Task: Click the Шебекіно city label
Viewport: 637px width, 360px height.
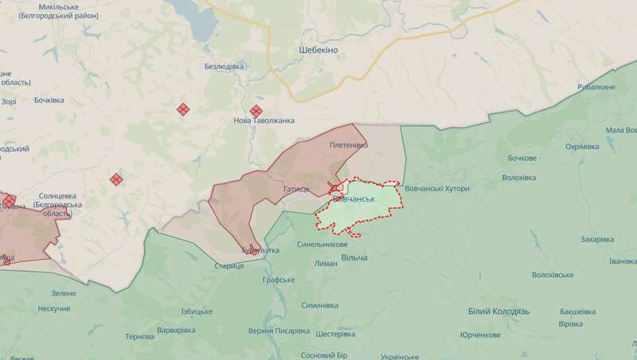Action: tap(318, 50)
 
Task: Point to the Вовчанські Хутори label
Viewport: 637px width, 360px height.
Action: tap(438, 189)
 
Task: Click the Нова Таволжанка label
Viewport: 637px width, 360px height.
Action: tap(264, 120)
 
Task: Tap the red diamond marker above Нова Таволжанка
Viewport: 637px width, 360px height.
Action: tap(256, 111)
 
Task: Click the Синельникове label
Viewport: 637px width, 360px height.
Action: tap(322, 245)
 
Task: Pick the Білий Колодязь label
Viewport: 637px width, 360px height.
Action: tap(492, 311)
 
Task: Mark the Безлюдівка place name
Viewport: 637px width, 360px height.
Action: tap(224, 66)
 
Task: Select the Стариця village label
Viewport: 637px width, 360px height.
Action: tap(229, 264)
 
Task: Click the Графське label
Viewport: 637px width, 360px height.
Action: tap(279, 280)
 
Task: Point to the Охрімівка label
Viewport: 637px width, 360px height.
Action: tap(582, 147)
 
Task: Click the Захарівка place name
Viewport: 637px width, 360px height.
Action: tap(597, 239)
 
